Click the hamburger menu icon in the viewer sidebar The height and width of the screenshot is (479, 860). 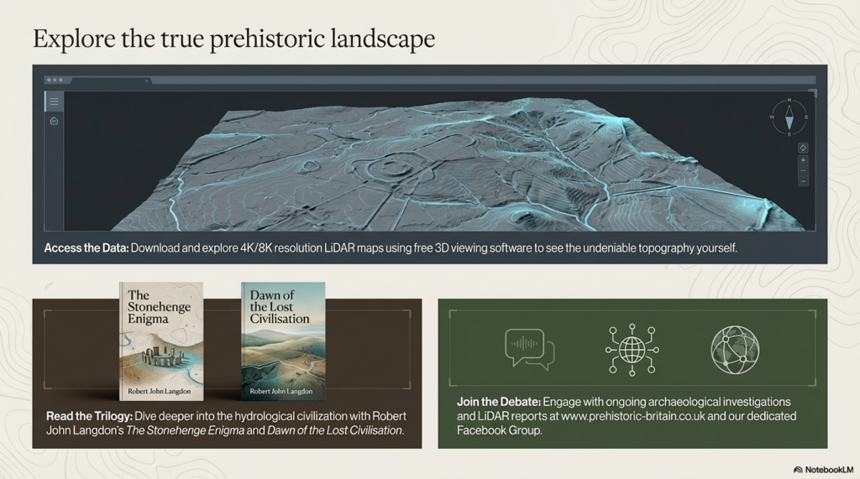coord(54,102)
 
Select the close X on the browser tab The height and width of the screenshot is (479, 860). coord(148,81)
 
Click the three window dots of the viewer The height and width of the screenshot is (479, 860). coord(55,81)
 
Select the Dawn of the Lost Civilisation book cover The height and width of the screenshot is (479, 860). coord(283,341)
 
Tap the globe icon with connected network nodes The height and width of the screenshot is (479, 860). coord(631,348)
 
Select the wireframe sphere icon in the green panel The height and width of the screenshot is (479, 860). coord(734,349)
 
